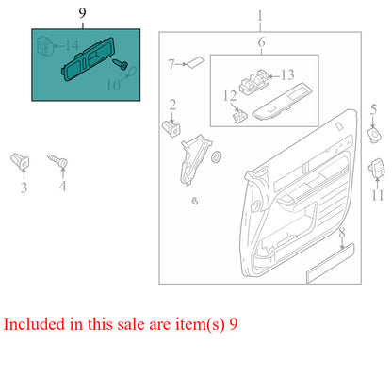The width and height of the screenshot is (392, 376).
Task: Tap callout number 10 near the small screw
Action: coord(114,86)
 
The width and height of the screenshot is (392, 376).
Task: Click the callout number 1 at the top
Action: coord(260,16)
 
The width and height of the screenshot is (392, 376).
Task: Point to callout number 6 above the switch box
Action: coord(261,42)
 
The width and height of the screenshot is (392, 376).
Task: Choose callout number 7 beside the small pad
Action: coord(172,65)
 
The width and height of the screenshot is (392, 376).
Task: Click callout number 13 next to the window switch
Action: coord(287,74)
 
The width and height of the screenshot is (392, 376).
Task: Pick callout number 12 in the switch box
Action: coord(229,95)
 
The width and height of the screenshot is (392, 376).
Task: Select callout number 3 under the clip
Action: coord(25,188)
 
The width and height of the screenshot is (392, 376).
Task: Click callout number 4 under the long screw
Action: coord(63,188)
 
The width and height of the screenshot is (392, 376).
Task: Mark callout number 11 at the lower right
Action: coord(378,196)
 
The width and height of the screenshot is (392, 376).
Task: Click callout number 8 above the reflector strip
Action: coord(343,232)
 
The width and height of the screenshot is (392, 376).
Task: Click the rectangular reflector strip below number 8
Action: coord(330,262)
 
